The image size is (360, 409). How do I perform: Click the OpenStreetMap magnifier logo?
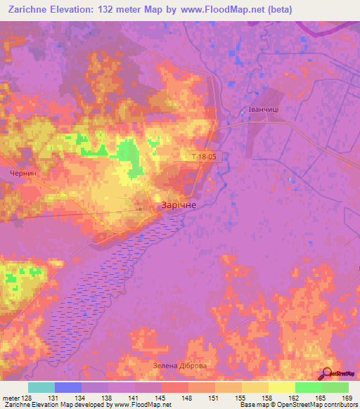click(327, 374)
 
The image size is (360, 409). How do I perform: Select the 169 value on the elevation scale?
click(346, 398)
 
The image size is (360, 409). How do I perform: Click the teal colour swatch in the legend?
click(41, 387)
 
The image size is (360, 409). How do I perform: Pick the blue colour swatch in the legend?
click(68, 387)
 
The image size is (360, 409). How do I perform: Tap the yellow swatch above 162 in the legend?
click(281, 387)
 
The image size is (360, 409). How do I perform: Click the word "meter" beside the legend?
click(11, 398)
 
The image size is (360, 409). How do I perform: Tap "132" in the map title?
click(108, 9)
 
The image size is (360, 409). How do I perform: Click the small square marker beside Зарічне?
click(160, 208)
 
